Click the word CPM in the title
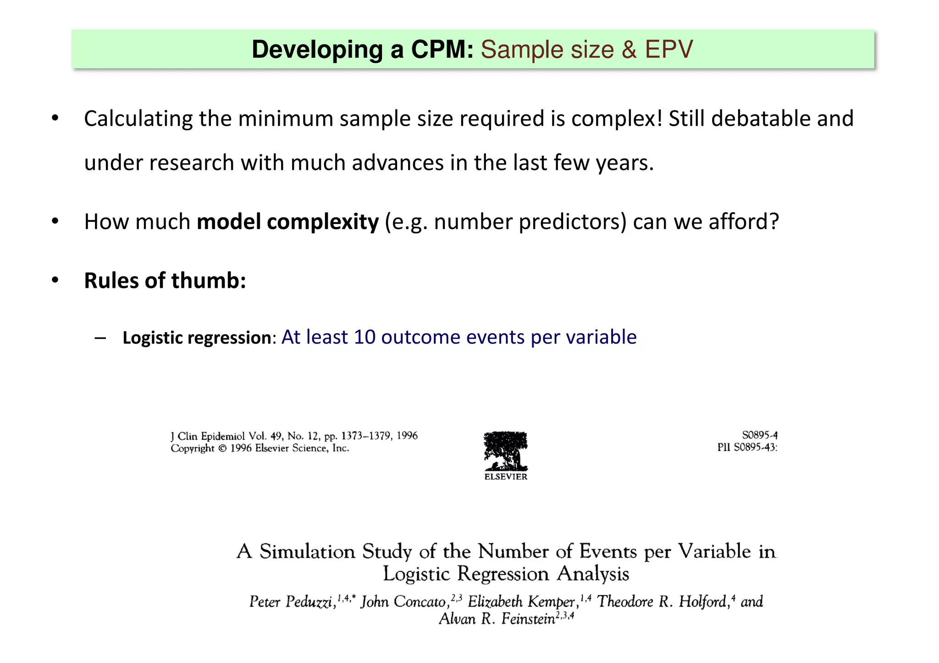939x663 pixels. pyautogui.click(x=442, y=49)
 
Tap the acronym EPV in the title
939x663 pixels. pyautogui.click(x=669, y=49)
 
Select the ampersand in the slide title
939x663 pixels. pyautogui.click(x=629, y=49)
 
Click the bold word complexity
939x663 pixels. pyautogui.click(x=323, y=222)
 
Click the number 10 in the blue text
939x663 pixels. pyautogui.click(x=365, y=337)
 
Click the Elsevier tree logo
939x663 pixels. pyautogui.click(x=506, y=451)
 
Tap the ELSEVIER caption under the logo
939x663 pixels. pyautogui.click(x=506, y=477)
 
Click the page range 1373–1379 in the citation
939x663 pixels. pyautogui.click(x=366, y=436)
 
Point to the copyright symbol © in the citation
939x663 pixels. pyautogui.click(x=222, y=449)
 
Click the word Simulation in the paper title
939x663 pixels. pyautogui.click(x=307, y=551)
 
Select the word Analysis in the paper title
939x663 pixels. pyautogui.click(x=593, y=574)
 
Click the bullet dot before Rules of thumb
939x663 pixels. pyautogui.click(x=55, y=280)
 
